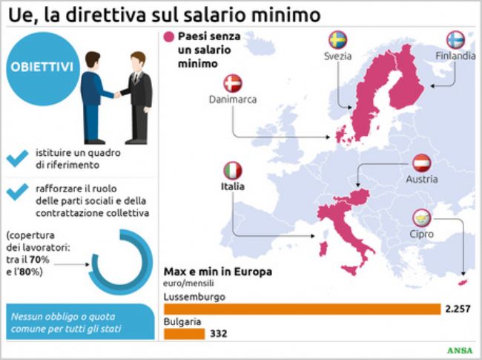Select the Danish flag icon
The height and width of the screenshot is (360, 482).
tap(232, 82)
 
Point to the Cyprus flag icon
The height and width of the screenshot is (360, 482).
tap(422, 218)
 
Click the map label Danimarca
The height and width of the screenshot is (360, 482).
tap(232, 99)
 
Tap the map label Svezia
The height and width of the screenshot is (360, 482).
tap(337, 56)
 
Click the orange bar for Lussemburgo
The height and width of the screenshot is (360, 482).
tap(301, 309)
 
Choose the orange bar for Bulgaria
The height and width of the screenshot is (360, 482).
tap(184, 334)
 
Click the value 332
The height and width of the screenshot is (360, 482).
tap(218, 334)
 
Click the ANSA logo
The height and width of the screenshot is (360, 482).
tap(461, 350)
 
